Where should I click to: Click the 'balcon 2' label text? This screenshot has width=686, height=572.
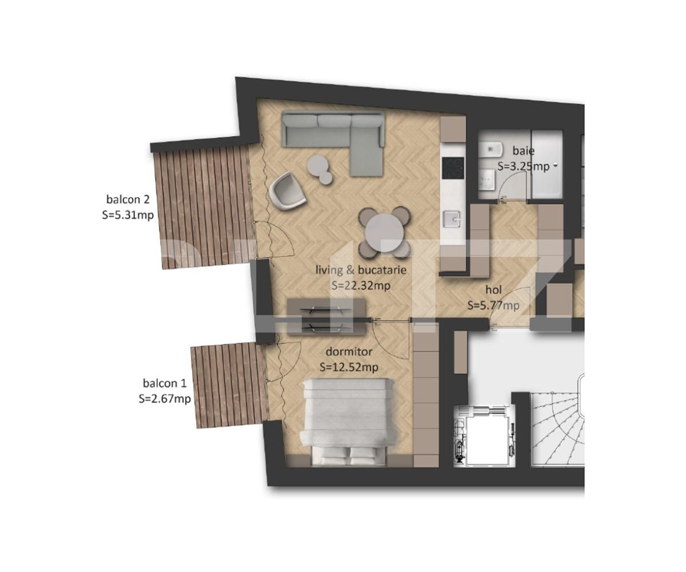coord(128,200)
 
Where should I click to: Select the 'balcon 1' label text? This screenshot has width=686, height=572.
coord(165,383)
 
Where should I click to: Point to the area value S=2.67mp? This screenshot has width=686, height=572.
coord(165,399)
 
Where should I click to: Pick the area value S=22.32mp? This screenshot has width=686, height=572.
coord(361,285)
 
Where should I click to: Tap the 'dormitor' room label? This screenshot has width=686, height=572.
coord(349,352)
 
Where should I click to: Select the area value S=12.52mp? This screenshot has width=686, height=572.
coord(349,367)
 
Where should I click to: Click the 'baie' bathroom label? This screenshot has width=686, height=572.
coord(523,151)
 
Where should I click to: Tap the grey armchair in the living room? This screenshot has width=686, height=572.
coord(288,192)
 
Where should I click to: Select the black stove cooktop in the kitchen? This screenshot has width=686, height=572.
coord(454,168)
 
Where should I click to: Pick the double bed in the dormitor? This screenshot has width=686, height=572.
coord(348,420)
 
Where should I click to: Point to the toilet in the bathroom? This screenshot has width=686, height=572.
coord(489,150)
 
